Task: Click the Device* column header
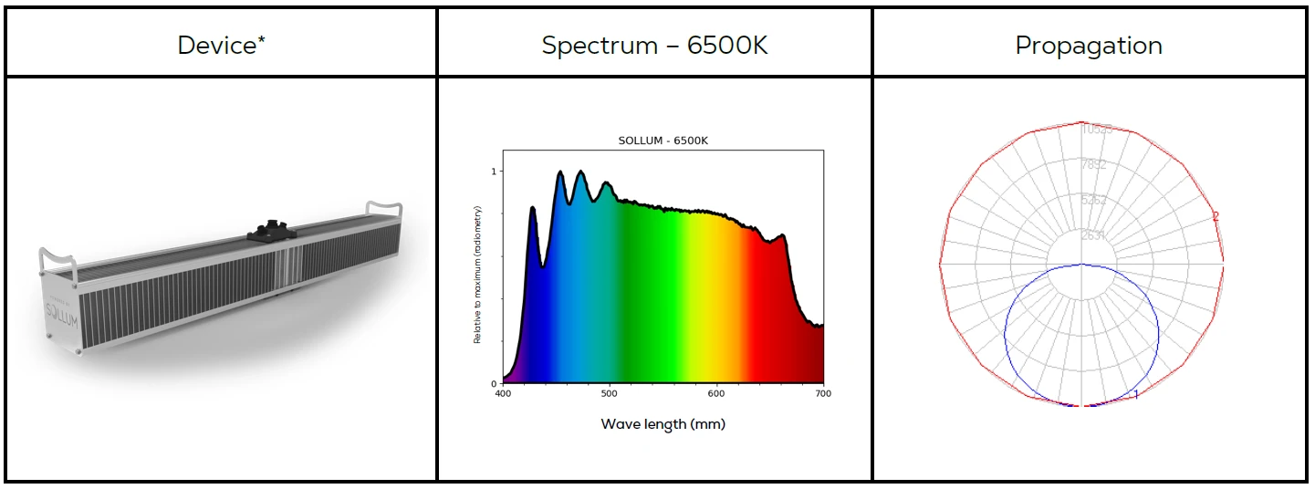point(222,46)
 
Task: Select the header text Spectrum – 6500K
point(654,46)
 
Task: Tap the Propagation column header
point(1089,46)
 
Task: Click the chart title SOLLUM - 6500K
point(663,140)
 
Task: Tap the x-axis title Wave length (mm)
point(663,424)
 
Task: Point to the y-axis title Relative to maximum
point(477,275)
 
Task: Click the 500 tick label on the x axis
point(610,393)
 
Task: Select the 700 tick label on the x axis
point(822,393)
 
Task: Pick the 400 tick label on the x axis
point(503,393)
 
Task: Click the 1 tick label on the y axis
point(494,172)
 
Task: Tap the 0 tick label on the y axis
point(494,384)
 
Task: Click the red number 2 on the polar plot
point(1215,216)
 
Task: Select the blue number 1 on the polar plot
point(1136,394)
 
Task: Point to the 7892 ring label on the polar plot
point(1093,165)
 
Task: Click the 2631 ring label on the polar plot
point(1093,235)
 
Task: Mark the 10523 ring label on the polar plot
point(1096,130)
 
